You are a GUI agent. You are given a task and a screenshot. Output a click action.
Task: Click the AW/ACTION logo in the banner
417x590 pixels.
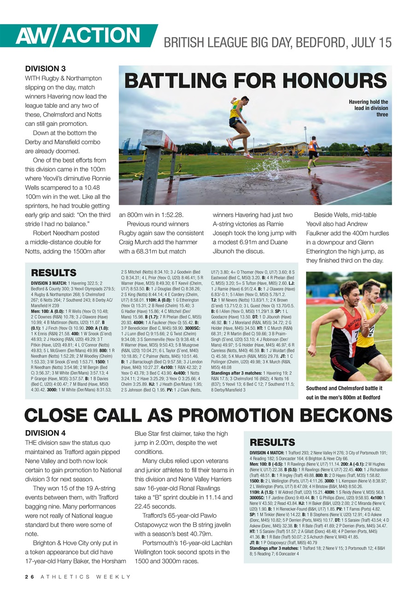[x=78, y=35]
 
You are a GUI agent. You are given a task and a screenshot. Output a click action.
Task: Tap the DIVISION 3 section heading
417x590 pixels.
[x=45, y=69]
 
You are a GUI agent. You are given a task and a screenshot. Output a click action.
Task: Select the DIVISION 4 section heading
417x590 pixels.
[x=45, y=433]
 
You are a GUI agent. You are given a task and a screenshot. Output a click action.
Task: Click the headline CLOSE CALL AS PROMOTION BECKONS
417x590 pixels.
[x=208, y=415]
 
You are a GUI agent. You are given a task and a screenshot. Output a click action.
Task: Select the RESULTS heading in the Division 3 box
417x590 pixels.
[x=53, y=273]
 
